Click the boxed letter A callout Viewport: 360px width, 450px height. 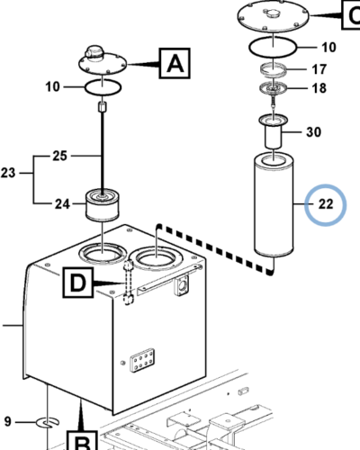[x=175, y=63]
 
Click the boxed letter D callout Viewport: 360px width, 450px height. [x=77, y=283]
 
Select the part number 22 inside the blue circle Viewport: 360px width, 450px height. [x=326, y=204]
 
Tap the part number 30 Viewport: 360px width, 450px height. [x=313, y=132]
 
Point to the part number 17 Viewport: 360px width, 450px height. [x=319, y=69]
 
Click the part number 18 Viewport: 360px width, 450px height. [x=319, y=88]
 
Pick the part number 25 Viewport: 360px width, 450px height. [x=59, y=156]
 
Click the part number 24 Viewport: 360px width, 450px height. [x=62, y=204]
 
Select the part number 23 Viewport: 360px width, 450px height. [x=8, y=173]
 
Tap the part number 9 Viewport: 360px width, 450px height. [x=7, y=421]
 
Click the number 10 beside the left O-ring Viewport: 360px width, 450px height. [x=53, y=87]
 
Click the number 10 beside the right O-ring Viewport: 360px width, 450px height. [x=328, y=48]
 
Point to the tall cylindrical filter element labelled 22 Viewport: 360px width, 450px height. [x=274, y=205]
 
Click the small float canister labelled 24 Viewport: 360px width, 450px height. [x=103, y=205]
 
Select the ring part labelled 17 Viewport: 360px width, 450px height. [x=274, y=70]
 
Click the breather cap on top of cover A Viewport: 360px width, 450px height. [x=94, y=53]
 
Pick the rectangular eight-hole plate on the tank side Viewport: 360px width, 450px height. [x=142, y=360]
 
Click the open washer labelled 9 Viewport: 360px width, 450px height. [x=48, y=423]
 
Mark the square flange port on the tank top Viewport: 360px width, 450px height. [x=182, y=285]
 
